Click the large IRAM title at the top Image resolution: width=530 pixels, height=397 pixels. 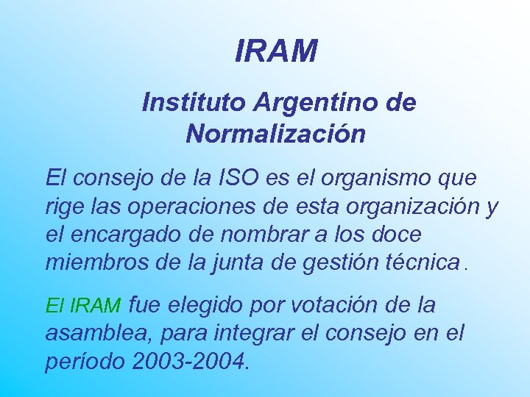pyautogui.click(x=276, y=51)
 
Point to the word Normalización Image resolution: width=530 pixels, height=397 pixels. pyautogui.click(x=275, y=134)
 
